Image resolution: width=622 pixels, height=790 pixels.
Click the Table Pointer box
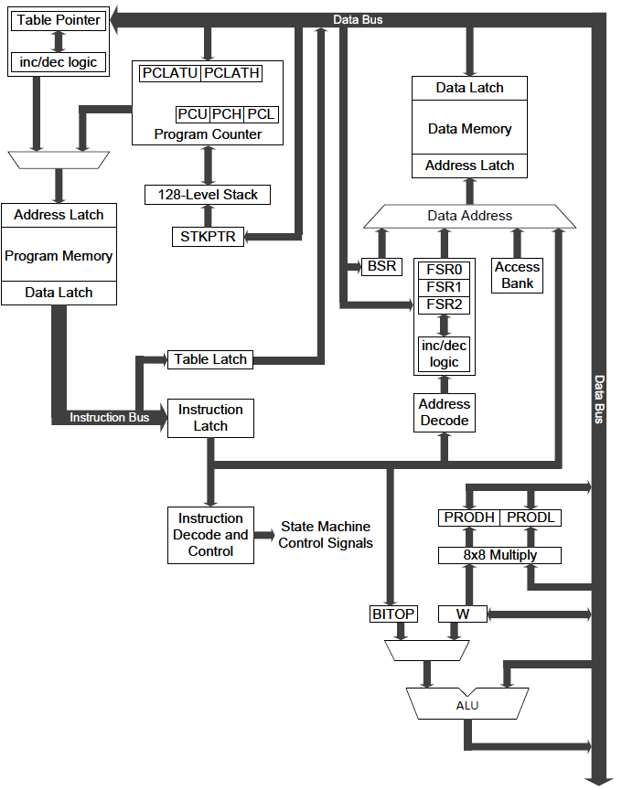tap(58, 20)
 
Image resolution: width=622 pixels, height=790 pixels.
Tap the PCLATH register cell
tap(231, 73)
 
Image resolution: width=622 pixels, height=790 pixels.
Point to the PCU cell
tap(192, 114)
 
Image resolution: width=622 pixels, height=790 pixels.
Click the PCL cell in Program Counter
tap(261, 114)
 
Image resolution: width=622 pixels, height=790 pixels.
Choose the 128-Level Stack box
tap(208, 194)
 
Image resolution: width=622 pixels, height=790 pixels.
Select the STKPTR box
tap(208, 237)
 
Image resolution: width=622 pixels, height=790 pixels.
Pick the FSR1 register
tap(445, 287)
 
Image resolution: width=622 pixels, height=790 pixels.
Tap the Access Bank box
tap(517, 275)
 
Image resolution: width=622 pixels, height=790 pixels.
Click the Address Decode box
tap(445, 412)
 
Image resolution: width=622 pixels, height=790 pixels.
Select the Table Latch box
tap(210, 359)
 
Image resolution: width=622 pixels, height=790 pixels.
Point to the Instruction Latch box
tap(210, 418)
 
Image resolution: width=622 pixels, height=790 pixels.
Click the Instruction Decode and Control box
tap(210, 535)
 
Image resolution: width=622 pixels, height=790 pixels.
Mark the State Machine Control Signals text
tap(325, 535)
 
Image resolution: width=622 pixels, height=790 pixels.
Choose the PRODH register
tap(469, 518)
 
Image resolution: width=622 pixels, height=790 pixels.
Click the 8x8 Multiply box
tap(500, 555)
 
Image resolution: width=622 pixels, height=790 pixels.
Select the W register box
tap(463, 614)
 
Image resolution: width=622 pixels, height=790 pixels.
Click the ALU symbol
tap(466, 705)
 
